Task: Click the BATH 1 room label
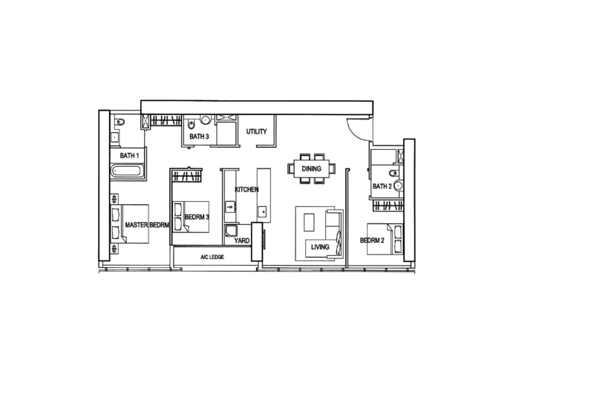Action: (129, 156)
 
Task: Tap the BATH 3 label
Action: (199, 137)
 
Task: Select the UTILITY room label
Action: (256, 131)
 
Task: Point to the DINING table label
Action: (311, 168)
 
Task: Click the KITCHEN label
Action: (247, 189)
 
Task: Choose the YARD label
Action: (242, 240)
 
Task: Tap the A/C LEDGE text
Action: (212, 257)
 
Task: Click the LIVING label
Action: (320, 247)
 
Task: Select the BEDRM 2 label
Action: (372, 240)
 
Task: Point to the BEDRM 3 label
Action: (197, 217)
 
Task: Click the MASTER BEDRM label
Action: (147, 225)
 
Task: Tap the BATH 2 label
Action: (382, 186)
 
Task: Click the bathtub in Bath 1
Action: (127, 171)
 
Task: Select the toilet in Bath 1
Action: (120, 122)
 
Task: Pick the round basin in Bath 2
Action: (398, 186)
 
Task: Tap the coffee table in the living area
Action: (309, 223)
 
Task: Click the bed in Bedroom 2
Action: (385, 239)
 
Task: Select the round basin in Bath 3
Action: (205, 120)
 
